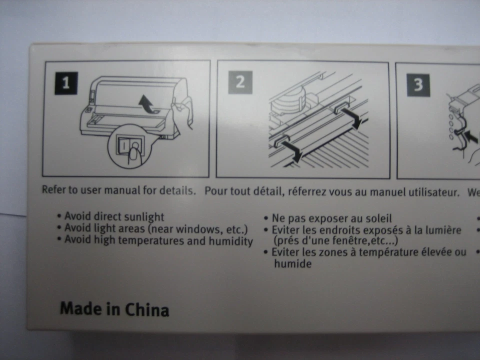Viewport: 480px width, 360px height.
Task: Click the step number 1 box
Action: (x=66, y=83)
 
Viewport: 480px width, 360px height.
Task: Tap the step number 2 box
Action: (x=240, y=82)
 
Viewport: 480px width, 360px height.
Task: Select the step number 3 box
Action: (x=418, y=84)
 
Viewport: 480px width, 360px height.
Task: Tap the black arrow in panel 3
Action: (x=470, y=134)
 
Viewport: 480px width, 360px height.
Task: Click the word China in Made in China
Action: (x=146, y=309)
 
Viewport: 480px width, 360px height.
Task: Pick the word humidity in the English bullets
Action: (x=232, y=241)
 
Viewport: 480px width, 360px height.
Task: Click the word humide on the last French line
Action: (x=292, y=264)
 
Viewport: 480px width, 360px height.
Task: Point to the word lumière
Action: (x=443, y=230)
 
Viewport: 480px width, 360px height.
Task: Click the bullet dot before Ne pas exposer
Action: (x=265, y=218)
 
